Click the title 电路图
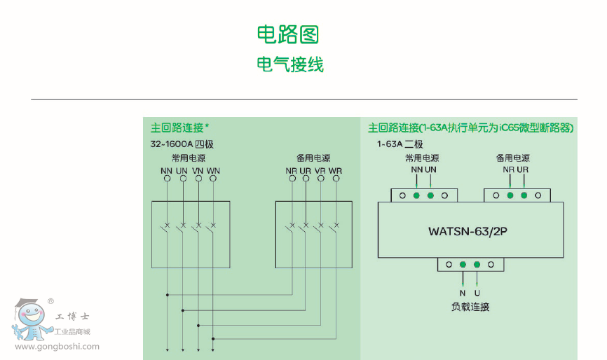coord(289,34)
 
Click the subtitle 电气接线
coord(289,65)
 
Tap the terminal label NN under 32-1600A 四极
coord(167,171)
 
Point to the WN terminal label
coord(213,171)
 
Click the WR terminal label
coord(336,171)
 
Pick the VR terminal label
coord(320,171)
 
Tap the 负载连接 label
coord(470,307)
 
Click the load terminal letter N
coord(463,293)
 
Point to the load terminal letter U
coord(477,293)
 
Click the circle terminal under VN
coord(198,179)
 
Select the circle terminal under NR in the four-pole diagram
coord(290,179)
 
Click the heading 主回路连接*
coord(180,127)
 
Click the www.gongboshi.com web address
coord(57,346)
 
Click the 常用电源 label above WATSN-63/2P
coord(422,158)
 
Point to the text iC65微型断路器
coord(539,127)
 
